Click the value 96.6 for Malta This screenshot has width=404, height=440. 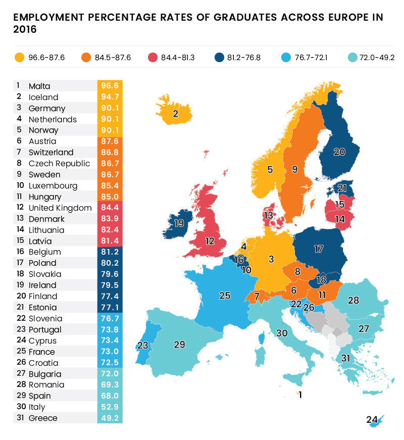tap(110, 86)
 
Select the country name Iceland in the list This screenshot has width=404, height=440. tap(43, 97)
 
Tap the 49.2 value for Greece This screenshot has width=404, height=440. tap(110, 418)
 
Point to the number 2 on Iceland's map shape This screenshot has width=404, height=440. tap(176, 114)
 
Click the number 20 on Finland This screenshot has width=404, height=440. tap(339, 151)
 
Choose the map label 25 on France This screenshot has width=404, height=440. tap(225, 296)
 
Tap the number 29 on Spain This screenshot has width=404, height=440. tap(179, 345)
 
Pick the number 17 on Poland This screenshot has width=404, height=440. tap(318, 249)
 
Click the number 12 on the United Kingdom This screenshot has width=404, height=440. tap(210, 240)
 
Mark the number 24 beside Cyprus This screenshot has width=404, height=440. tap(372, 419)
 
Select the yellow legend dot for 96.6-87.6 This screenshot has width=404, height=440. tap(20, 57)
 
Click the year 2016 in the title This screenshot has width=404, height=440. tap(25, 30)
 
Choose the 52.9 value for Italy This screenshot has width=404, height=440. tap(110, 407)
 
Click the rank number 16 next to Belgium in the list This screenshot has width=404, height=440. tap(20, 252)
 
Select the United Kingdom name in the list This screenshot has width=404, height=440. tap(60, 208)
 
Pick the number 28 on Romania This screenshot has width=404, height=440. tap(353, 301)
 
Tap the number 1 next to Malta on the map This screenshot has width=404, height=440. tap(300, 395)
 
